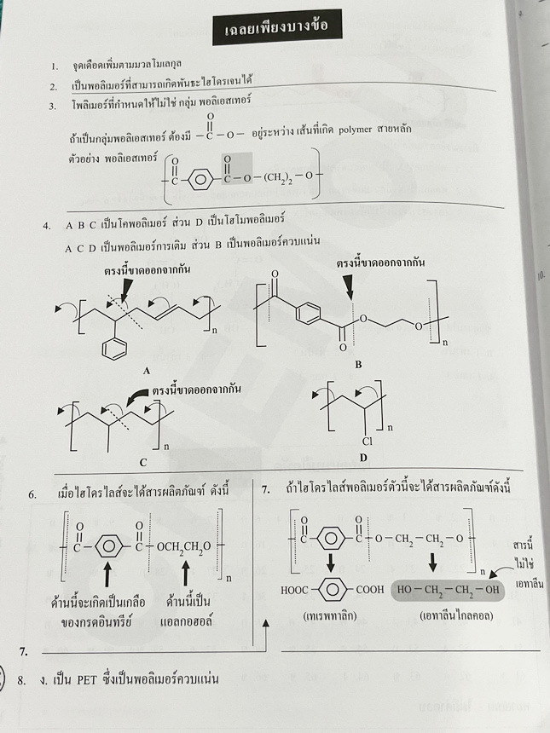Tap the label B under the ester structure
tap(358, 365)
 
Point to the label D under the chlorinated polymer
tap(363, 458)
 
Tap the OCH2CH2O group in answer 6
tap(185, 542)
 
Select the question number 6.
tap(32, 493)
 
